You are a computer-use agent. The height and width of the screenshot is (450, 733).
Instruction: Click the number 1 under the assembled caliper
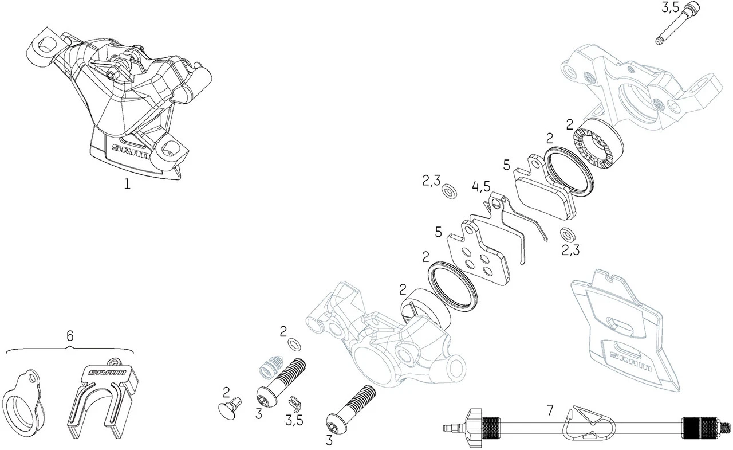(127, 185)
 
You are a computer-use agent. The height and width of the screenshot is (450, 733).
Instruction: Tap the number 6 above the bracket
(70, 336)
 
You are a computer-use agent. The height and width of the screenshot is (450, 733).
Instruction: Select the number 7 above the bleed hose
(550, 410)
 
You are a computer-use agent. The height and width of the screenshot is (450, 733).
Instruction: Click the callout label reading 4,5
(481, 187)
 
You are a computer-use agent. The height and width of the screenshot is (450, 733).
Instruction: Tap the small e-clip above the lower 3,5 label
(293, 402)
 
